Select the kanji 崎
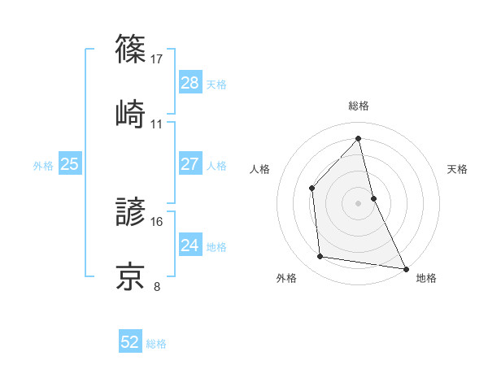131,111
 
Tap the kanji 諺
131,213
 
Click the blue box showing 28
190,83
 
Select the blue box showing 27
190,164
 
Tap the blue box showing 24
190,245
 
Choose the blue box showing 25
69,164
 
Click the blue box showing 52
130,343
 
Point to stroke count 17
157,59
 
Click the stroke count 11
157,124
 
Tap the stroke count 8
157,286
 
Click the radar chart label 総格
359,106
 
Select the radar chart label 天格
457,169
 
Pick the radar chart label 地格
426,279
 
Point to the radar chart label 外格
286,279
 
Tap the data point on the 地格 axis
405,268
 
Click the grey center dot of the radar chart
358,202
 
